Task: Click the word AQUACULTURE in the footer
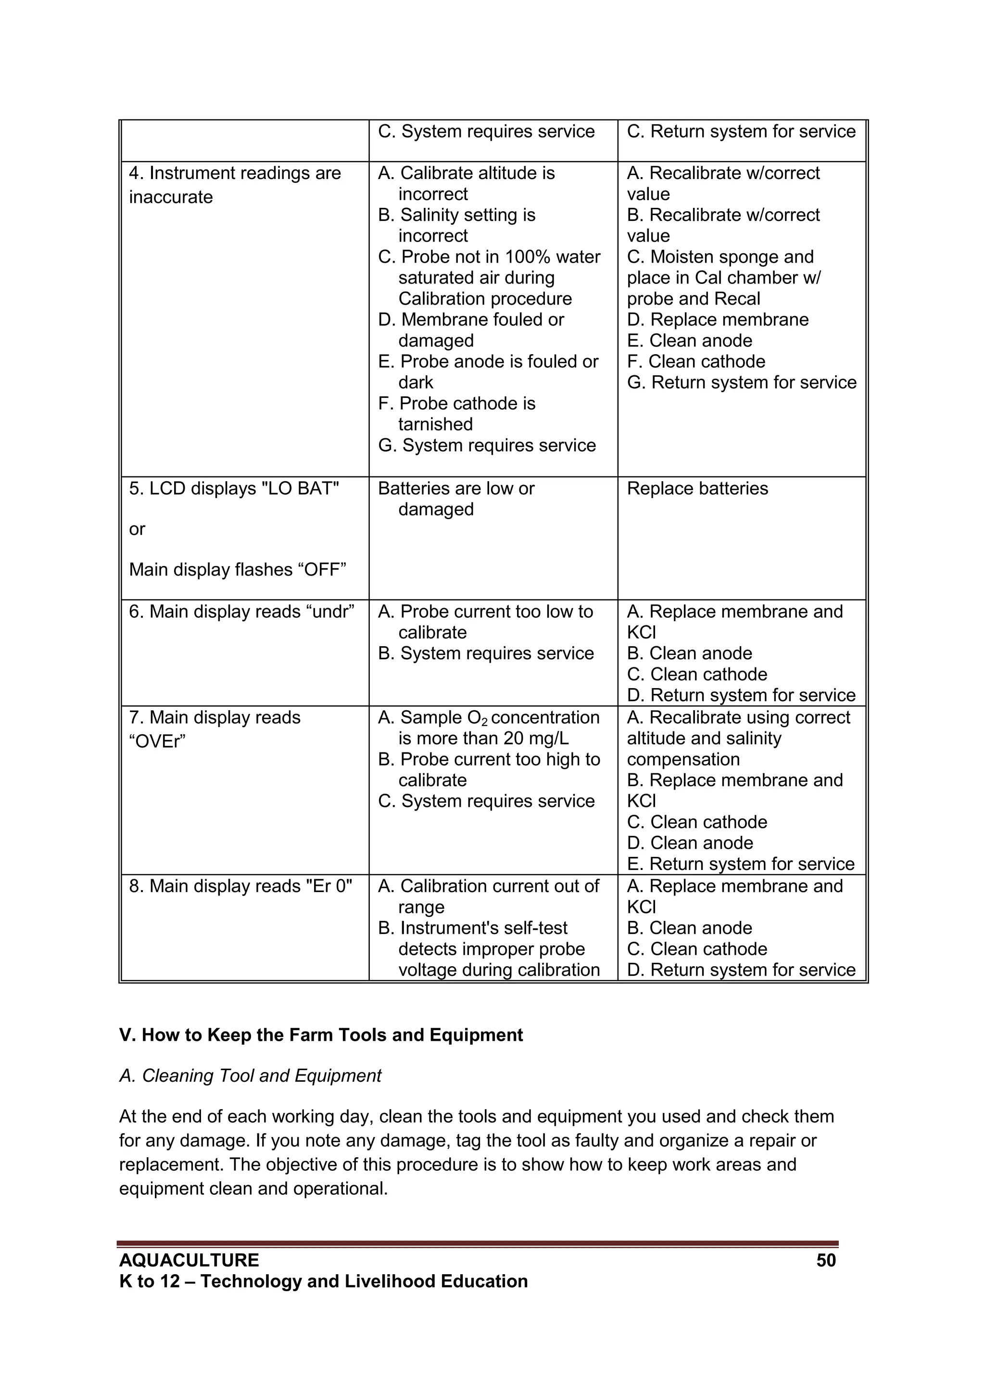point(189,1261)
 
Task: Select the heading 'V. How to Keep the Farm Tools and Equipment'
point(321,1035)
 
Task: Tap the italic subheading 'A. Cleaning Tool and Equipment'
point(250,1076)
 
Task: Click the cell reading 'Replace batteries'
point(697,488)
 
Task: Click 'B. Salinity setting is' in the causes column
point(456,216)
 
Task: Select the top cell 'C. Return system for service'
point(741,132)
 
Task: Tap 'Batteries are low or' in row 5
point(455,488)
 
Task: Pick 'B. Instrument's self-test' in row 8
point(472,928)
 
